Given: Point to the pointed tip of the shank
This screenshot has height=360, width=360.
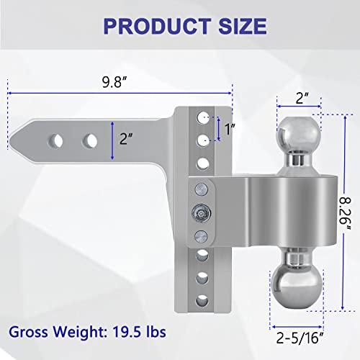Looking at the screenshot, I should [19, 138].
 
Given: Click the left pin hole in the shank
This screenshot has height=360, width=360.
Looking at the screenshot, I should [55, 138].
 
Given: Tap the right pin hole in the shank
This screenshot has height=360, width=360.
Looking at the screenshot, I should [90, 138].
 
